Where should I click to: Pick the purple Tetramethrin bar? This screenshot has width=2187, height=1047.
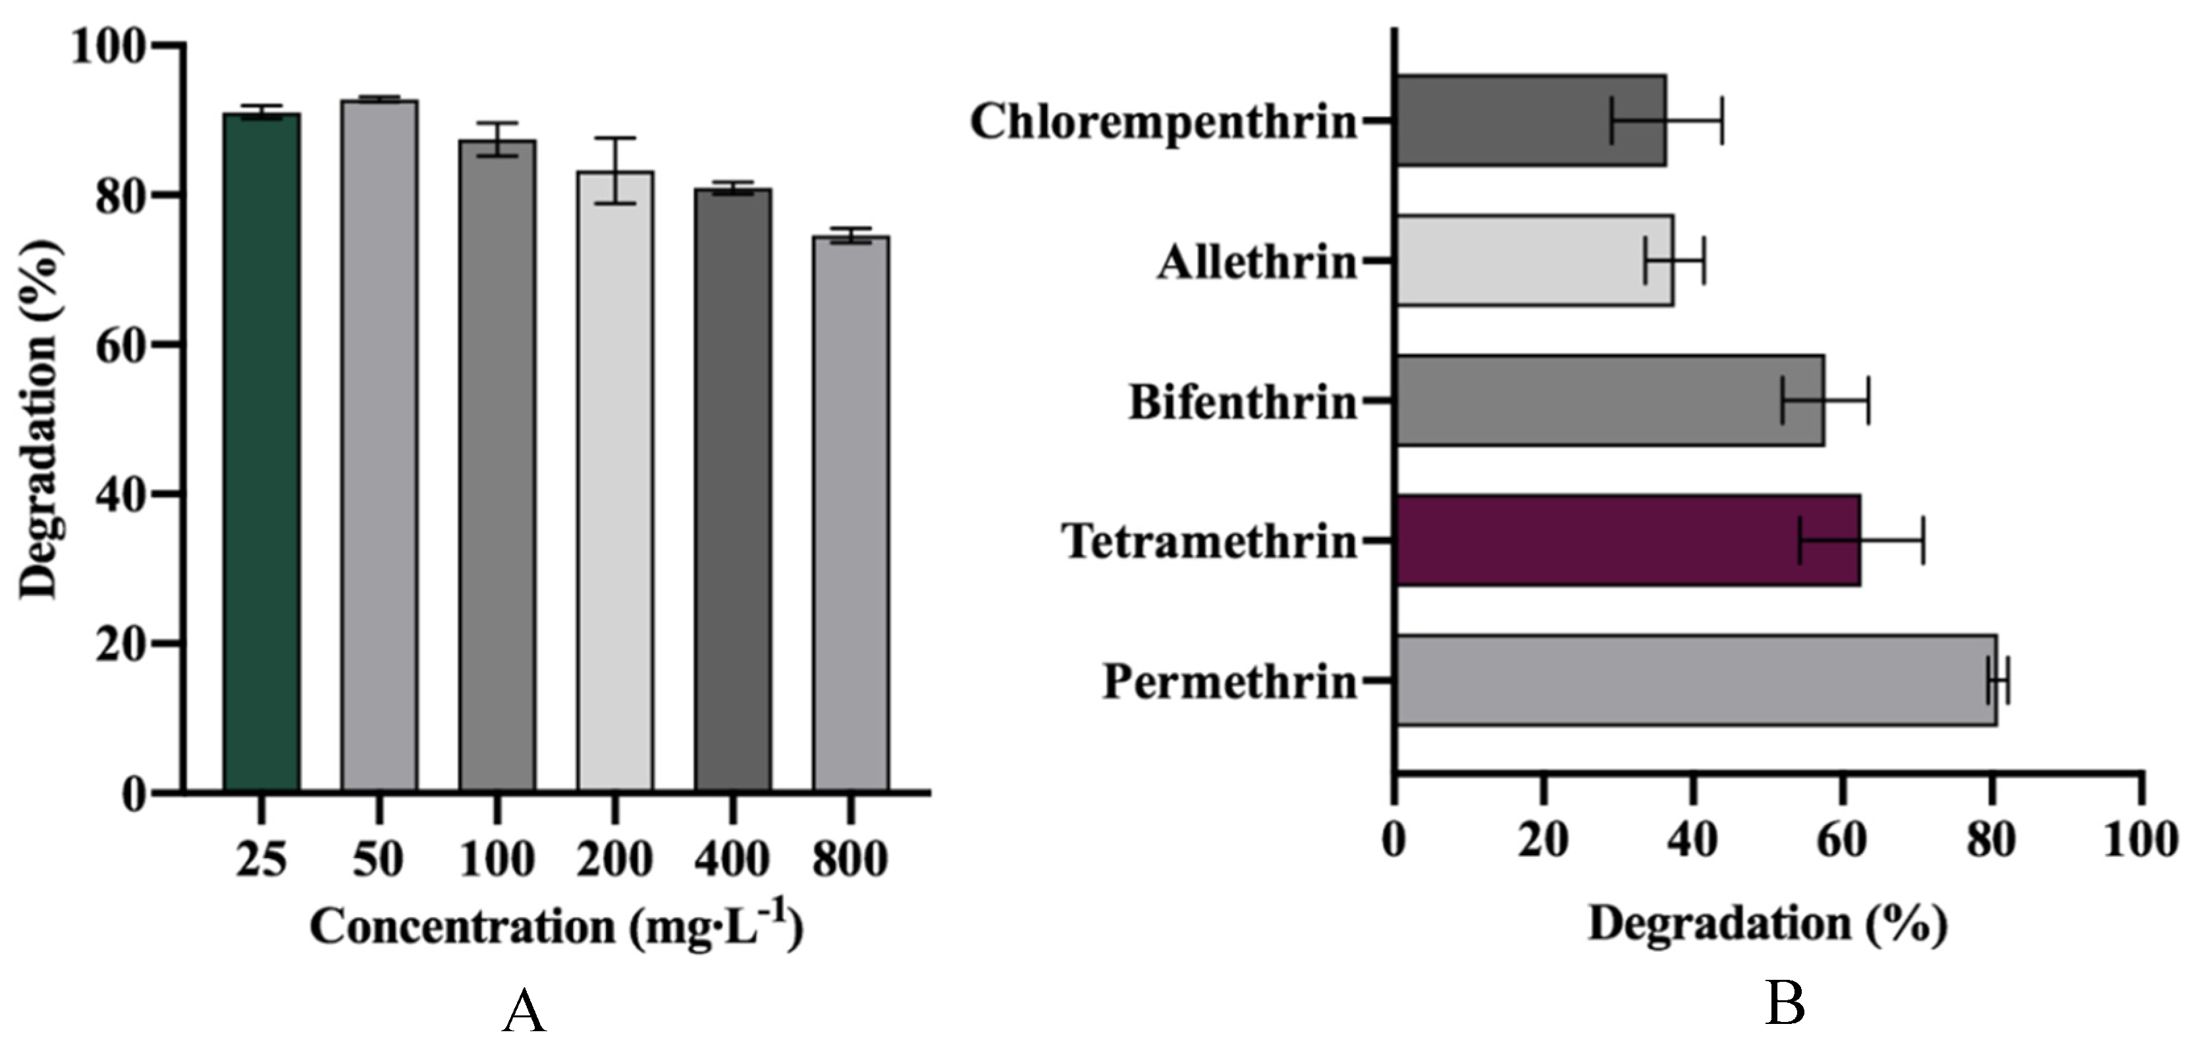1627,540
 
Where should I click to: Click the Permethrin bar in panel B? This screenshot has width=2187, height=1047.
1696,680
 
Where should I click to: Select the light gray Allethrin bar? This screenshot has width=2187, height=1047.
1534,260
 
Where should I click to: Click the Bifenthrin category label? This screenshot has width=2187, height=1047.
1243,402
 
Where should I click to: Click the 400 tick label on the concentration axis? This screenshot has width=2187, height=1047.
732,859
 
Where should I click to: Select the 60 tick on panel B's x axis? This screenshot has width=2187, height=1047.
1841,840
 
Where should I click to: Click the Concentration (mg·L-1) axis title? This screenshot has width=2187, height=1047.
556,926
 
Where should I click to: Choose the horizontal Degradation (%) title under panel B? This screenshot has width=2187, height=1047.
1768,923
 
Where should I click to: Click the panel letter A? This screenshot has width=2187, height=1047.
523,1012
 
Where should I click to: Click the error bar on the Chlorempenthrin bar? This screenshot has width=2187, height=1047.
1667,121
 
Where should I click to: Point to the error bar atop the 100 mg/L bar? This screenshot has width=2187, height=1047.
497,139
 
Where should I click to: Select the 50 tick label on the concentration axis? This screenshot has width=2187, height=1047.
379,859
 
